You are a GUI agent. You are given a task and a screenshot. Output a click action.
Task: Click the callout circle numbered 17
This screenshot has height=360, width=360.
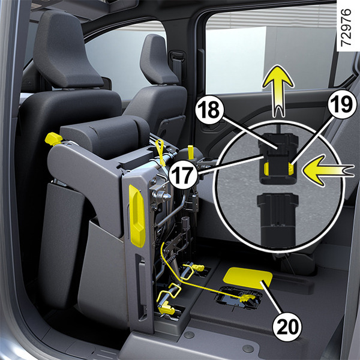183,175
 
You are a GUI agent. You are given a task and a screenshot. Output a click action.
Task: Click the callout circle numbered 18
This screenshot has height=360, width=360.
209,110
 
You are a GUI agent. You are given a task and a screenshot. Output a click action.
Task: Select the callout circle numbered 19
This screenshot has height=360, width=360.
342,104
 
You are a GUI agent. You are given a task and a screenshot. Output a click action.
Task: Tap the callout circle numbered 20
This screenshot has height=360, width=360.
287,327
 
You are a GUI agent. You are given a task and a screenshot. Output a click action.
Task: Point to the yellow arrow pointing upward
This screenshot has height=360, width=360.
278,91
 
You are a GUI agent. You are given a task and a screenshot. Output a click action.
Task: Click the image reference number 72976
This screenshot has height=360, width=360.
346,28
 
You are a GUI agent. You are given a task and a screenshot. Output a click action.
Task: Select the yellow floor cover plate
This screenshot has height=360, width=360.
248,278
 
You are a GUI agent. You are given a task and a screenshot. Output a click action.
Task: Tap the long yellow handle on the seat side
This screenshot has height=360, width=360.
137,215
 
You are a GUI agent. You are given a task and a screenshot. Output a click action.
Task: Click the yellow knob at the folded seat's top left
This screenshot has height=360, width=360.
53,139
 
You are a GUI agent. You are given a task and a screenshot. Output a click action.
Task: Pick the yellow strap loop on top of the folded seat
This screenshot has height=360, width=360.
160,152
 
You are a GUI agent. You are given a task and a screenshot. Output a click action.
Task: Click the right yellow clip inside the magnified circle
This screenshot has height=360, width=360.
290,169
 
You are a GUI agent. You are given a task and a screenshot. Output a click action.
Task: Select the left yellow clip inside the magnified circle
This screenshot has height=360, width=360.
266,169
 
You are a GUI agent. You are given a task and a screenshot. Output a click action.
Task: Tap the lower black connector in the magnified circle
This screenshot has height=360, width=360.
277,219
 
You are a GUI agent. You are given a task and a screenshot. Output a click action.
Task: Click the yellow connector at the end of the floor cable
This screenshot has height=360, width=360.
247,298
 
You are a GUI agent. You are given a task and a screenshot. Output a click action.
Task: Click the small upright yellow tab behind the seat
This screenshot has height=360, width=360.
191,152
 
